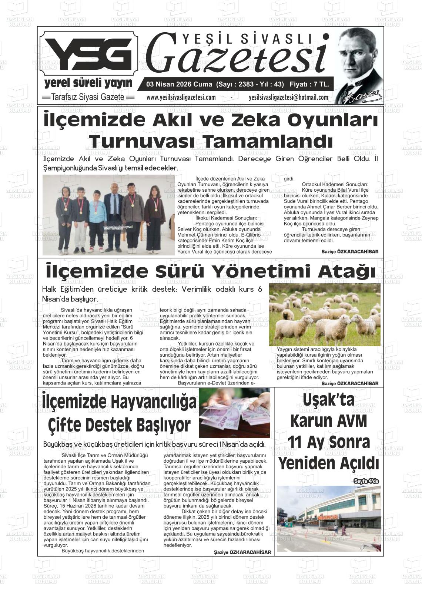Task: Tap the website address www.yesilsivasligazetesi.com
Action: tap(181, 98)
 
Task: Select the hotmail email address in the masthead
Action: tap(289, 98)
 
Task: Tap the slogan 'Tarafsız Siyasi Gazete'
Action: tap(88, 97)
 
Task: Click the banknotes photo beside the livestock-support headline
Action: tap(234, 413)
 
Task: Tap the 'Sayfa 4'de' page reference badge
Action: tap(366, 481)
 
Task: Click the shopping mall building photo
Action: tap(328, 518)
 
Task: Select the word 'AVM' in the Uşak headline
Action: tap(349, 421)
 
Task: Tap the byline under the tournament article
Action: tap(350, 252)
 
